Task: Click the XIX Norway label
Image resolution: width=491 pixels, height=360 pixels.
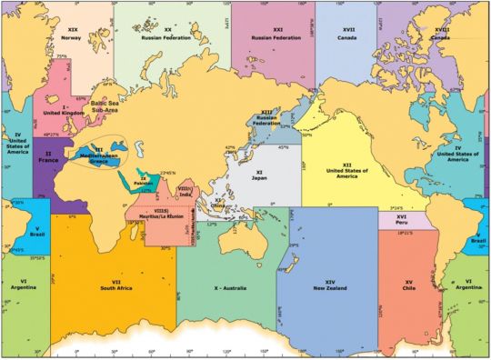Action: pos(72,34)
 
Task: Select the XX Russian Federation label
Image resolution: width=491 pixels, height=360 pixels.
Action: pos(168,35)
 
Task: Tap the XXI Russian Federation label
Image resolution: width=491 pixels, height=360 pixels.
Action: pos(271,35)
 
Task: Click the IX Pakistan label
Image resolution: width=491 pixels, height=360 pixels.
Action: pos(143,180)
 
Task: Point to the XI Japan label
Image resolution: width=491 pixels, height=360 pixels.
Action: pos(258,175)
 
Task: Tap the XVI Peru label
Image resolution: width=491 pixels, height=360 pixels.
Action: pos(400,221)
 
